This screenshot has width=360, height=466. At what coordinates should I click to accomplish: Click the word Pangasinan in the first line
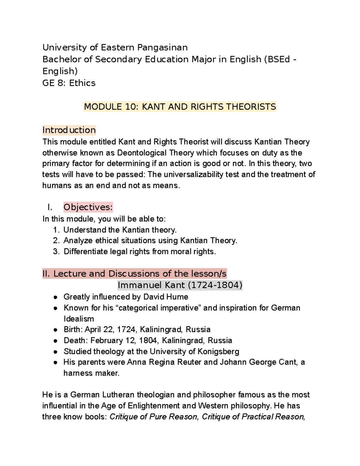[162, 47]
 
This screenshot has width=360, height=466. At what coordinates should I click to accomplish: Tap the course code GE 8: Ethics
[69, 83]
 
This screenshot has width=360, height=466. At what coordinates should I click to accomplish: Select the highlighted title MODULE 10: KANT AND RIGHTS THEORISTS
[180, 107]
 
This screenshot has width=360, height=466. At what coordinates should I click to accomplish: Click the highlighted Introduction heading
[69, 130]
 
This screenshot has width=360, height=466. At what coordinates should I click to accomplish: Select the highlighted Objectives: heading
[88, 207]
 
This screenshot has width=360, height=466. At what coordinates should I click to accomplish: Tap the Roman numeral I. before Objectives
[50, 207]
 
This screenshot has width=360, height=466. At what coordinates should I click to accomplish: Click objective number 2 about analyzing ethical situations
[150, 241]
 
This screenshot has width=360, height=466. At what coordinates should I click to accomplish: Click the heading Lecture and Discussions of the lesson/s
[134, 273]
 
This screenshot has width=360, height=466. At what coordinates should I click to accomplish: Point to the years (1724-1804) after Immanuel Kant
[215, 285]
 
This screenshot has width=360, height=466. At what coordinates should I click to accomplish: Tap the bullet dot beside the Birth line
[55, 330]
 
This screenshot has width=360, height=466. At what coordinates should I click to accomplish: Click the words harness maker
[91, 373]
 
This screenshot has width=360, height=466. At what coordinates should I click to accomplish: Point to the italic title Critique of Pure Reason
[154, 416]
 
